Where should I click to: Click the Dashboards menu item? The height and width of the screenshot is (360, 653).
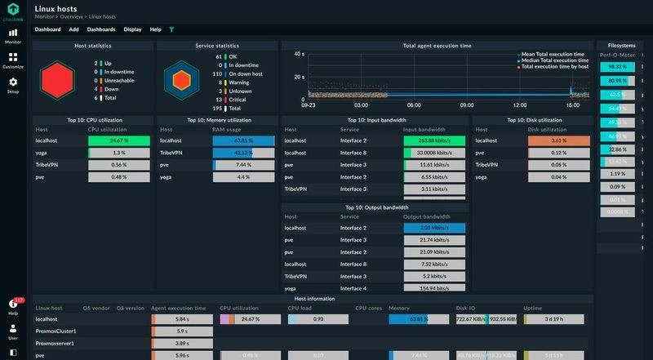click(101, 29)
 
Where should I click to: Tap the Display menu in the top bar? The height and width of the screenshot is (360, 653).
click(132, 29)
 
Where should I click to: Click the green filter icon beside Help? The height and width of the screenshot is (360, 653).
click(171, 29)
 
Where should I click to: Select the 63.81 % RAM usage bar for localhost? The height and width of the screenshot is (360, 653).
click(245, 140)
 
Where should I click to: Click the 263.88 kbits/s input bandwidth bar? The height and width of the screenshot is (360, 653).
click(434, 140)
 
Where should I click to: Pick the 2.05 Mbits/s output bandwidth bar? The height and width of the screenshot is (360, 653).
click(434, 228)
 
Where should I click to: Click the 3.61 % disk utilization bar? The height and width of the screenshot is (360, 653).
click(559, 140)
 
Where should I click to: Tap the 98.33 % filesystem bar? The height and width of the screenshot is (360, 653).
click(617, 67)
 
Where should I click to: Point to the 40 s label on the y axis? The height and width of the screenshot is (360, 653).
click(299, 54)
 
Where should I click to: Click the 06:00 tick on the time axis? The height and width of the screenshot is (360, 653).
click(414, 104)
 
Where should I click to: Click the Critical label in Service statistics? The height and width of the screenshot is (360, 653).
click(238, 99)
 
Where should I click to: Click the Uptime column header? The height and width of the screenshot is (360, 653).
click(533, 308)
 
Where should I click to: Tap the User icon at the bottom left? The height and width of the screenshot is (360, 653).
click(12, 331)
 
